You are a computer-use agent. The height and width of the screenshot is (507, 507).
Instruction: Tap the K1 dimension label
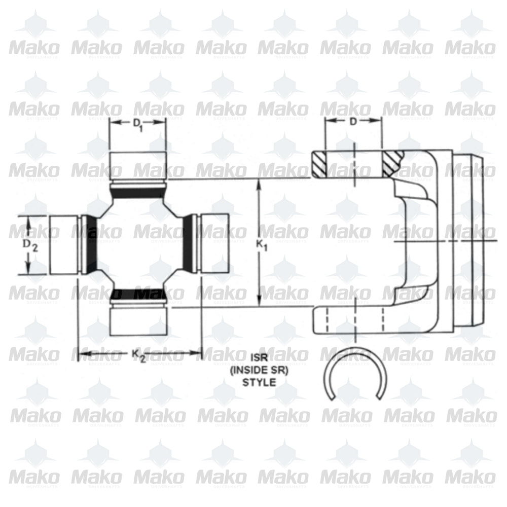click(262, 244)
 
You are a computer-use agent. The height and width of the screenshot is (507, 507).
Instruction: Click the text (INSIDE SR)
click(259, 371)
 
